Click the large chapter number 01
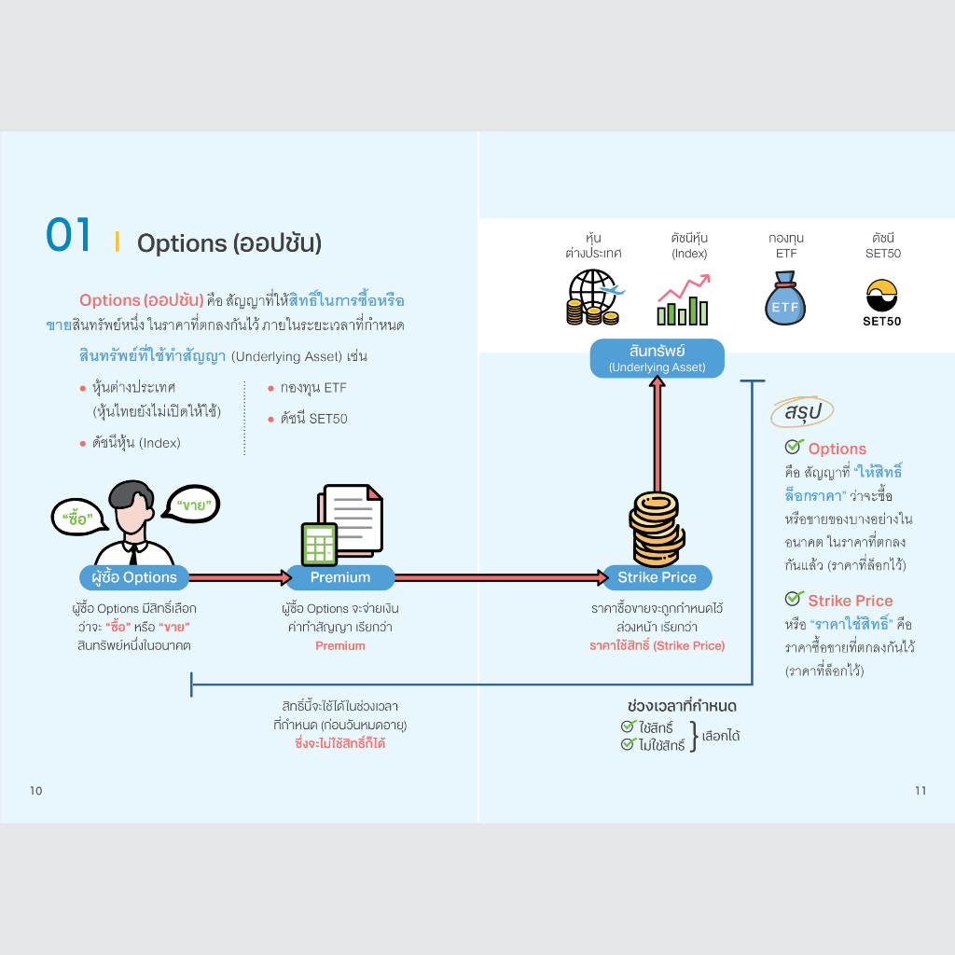point(68,234)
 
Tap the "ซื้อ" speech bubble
point(79,518)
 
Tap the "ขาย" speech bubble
point(192,505)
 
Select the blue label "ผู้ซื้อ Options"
point(134,577)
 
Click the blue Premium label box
point(340,577)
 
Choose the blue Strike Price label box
point(657,577)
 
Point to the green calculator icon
point(319,545)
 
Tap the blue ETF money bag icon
point(785,298)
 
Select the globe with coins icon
point(594,298)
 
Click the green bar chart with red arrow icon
point(684,299)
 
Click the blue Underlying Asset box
point(657,358)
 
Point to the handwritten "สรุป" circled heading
point(802,411)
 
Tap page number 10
point(36,791)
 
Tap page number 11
point(920,791)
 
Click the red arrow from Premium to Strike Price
point(501,577)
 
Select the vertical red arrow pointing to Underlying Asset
point(657,434)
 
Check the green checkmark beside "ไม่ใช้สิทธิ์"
point(628,743)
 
